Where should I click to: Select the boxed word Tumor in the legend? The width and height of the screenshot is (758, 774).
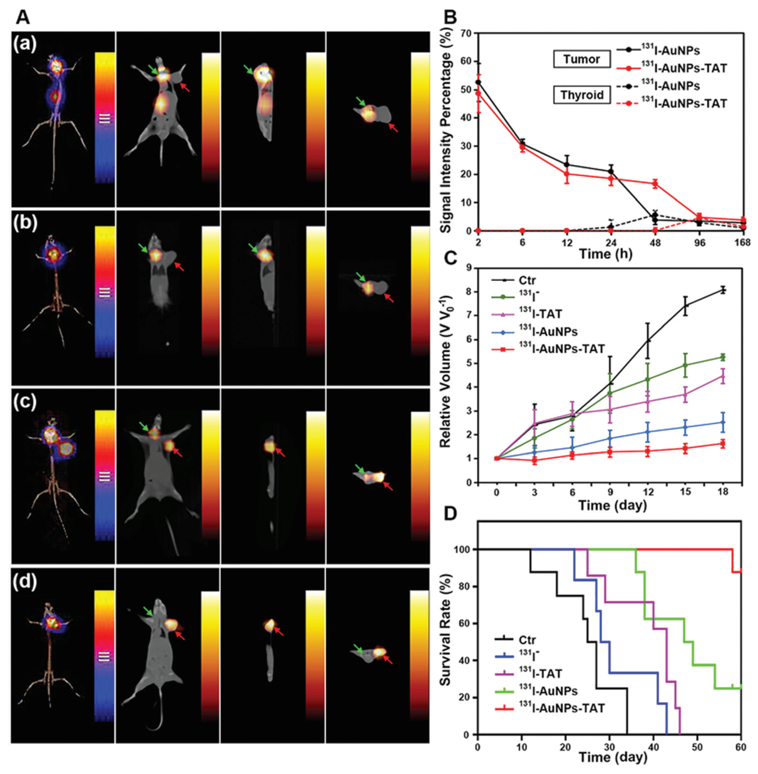pos(582,59)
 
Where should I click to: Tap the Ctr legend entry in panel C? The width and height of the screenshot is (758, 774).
pos(527,280)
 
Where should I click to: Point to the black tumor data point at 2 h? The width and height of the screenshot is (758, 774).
pos(478,82)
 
